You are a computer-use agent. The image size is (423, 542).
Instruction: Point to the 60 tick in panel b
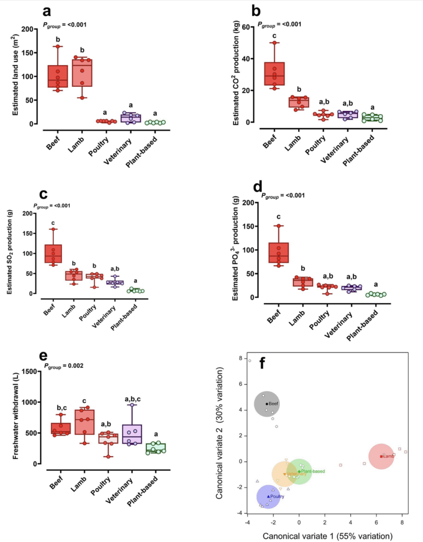[249, 27]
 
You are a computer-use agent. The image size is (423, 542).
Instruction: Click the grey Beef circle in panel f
[267, 404]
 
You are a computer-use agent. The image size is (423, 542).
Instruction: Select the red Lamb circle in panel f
[381, 456]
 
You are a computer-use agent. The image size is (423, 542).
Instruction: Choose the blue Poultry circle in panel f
[269, 496]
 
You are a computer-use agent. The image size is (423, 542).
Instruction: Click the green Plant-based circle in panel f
[299, 471]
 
